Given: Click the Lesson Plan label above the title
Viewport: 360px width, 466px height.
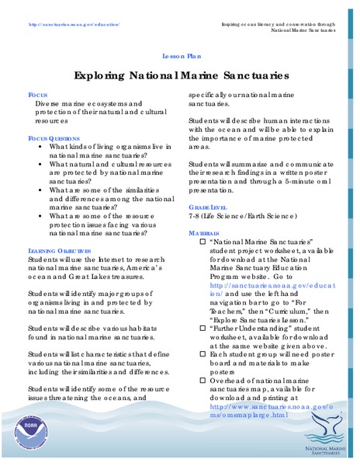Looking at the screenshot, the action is (181, 57).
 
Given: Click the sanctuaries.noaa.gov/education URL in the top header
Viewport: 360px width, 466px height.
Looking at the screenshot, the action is (74, 24).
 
